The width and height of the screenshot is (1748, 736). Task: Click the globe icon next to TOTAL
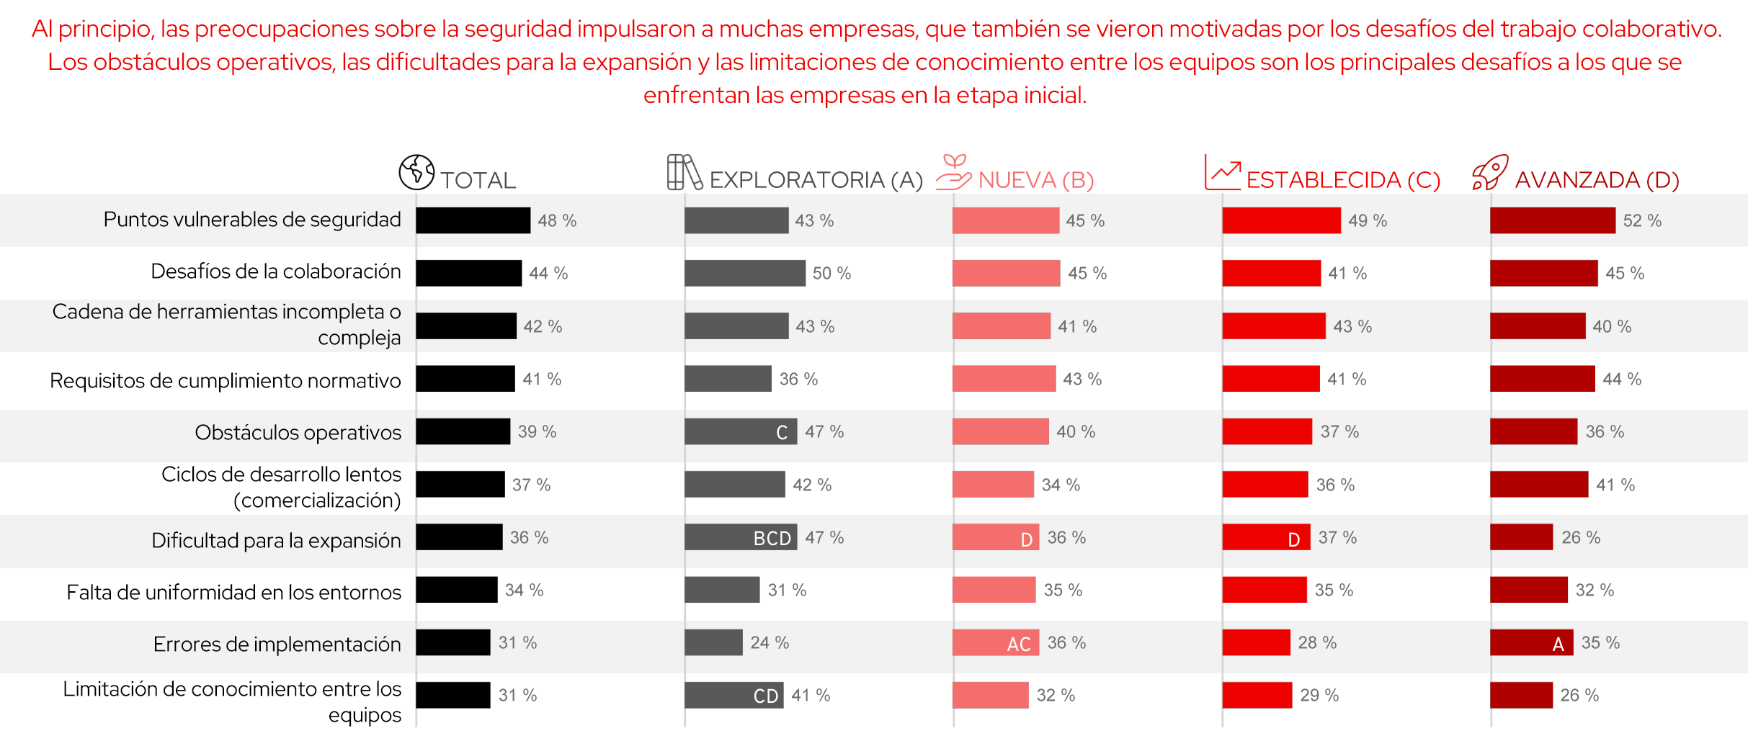coord(416,172)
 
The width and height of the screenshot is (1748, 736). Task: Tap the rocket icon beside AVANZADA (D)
coord(1489,172)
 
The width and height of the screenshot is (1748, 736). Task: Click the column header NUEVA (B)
coord(1035,179)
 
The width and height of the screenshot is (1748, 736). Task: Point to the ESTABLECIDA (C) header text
coord(1343,179)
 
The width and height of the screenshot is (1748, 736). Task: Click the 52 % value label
coord(1641,220)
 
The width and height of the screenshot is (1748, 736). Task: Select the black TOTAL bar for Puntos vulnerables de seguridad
coord(473,220)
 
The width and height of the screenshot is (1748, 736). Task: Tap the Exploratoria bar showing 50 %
coord(744,273)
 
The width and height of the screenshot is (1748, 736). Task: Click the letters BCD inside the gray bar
coord(772,538)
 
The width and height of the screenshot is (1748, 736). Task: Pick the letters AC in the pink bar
coord(1018,644)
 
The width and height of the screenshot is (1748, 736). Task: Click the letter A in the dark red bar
coord(1558,644)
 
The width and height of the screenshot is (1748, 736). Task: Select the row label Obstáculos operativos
coord(298,432)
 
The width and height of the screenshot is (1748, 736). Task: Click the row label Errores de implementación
coord(277,644)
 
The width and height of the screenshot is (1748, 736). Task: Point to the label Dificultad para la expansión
coord(276,540)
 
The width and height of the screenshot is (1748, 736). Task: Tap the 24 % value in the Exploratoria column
coord(769,642)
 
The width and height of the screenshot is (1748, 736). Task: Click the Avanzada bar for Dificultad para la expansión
coord(1521,537)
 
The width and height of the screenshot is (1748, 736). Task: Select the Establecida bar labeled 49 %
coord(1281,220)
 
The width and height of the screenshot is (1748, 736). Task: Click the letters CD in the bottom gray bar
coord(765,696)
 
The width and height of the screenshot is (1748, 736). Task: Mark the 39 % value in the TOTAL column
coord(537,431)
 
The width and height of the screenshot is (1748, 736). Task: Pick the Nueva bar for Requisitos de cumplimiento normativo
coord(1004,379)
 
